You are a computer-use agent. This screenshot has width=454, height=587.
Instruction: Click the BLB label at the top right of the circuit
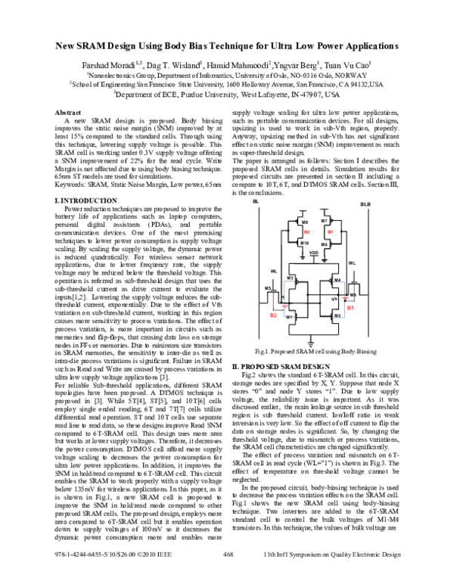(365, 204)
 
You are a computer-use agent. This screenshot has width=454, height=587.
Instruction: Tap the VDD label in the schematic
(314, 253)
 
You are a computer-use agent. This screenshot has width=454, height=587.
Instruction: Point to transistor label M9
(306, 223)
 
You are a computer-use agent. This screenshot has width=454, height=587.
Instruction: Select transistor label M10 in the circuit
(305, 243)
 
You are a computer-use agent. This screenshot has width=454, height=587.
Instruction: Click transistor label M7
(324, 220)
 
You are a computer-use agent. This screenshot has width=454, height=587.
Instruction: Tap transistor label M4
(337, 280)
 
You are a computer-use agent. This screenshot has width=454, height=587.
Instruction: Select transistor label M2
(337, 315)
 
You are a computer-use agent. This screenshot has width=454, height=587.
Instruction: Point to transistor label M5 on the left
(267, 289)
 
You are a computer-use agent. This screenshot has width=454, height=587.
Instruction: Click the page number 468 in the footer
(227, 576)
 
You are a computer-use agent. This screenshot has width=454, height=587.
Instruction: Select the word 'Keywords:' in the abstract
(74, 184)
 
